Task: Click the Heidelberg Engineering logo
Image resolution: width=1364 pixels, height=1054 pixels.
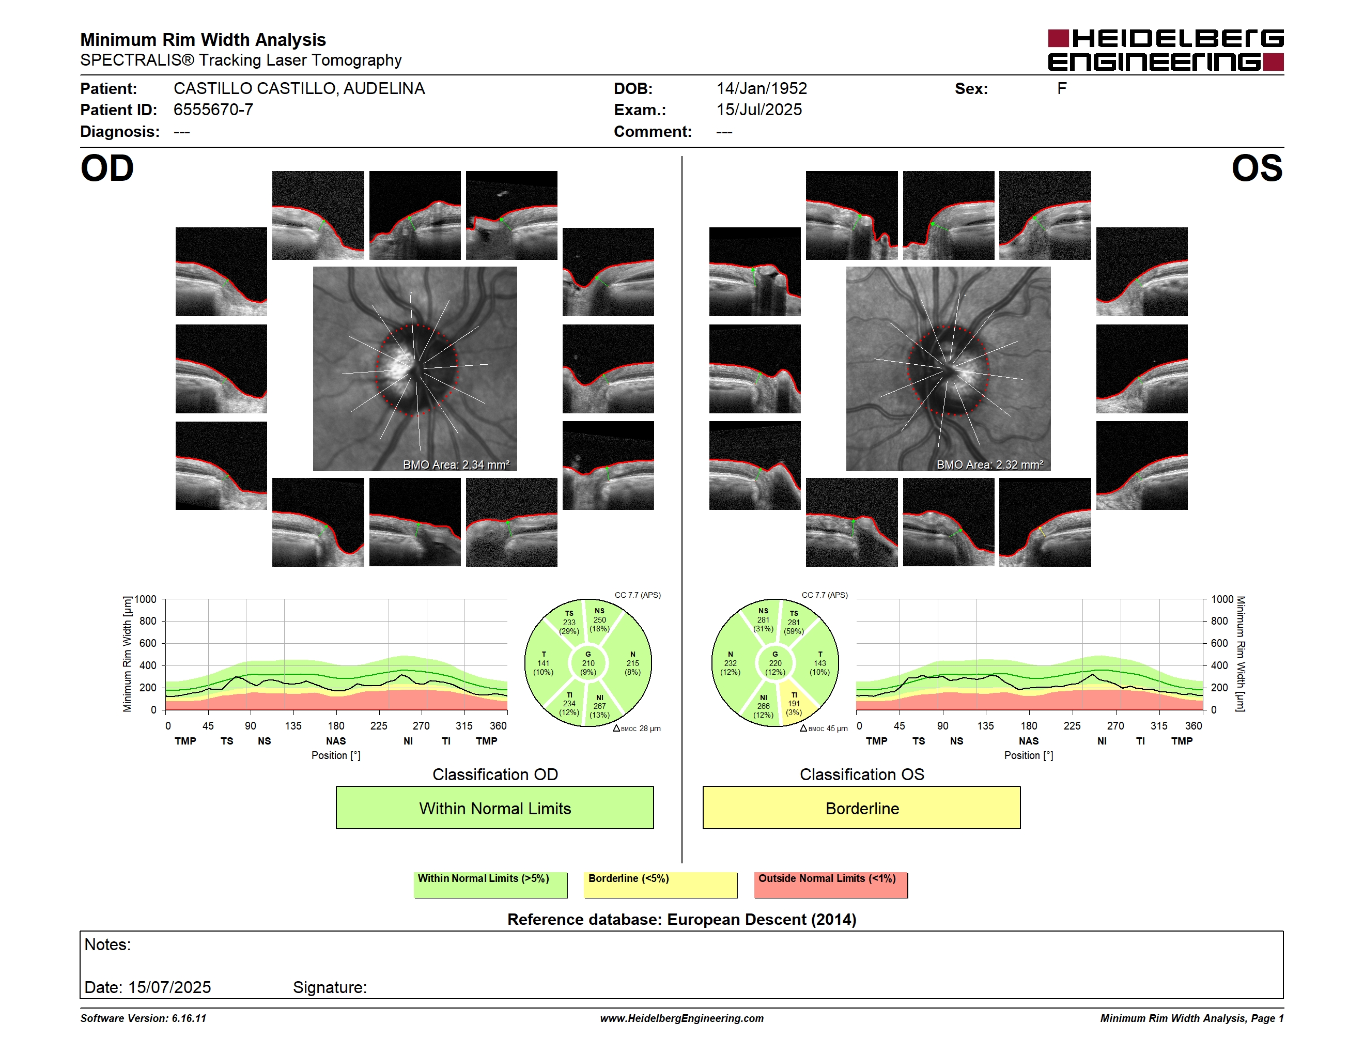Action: [1166, 50]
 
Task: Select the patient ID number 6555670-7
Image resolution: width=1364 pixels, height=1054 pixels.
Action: [213, 110]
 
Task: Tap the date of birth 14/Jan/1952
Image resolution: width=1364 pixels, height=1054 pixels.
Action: [762, 89]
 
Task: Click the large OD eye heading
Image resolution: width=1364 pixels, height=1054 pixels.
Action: [107, 168]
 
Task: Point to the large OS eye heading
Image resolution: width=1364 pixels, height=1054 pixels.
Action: [1257, 168]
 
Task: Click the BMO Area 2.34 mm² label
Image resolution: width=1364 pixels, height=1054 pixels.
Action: [456, 464]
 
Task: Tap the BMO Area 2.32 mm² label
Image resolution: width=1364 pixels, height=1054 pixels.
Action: [989, 464]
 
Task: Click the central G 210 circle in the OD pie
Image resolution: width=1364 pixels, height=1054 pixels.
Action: [587, 663]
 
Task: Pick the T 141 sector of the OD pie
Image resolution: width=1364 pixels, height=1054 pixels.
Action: [544, 663]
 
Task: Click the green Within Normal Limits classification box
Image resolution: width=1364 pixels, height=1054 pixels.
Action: [494, 808]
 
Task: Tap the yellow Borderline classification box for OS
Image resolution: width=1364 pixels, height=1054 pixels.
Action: [862, 808]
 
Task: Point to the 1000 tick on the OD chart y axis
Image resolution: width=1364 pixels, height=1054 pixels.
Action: [146, 599]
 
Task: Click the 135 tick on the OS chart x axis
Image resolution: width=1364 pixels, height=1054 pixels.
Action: [985, 725]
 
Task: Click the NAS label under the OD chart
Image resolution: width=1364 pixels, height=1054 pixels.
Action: [336, 741]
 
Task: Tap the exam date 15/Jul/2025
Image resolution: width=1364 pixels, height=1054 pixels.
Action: [759, 110]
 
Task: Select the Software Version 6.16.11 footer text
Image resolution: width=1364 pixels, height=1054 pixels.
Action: [143, 1018]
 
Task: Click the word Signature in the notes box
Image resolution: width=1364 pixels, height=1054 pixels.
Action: [330, 988]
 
